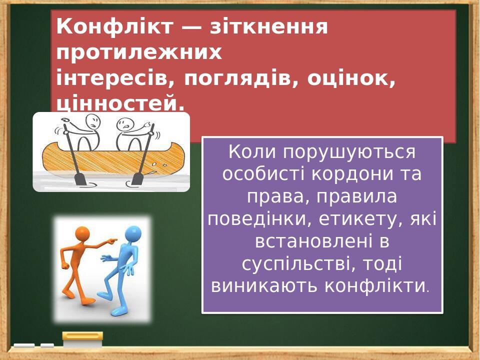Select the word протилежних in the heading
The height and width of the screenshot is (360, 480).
click(x=139, y=52)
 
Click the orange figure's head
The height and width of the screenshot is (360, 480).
click(x=81, y=233)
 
